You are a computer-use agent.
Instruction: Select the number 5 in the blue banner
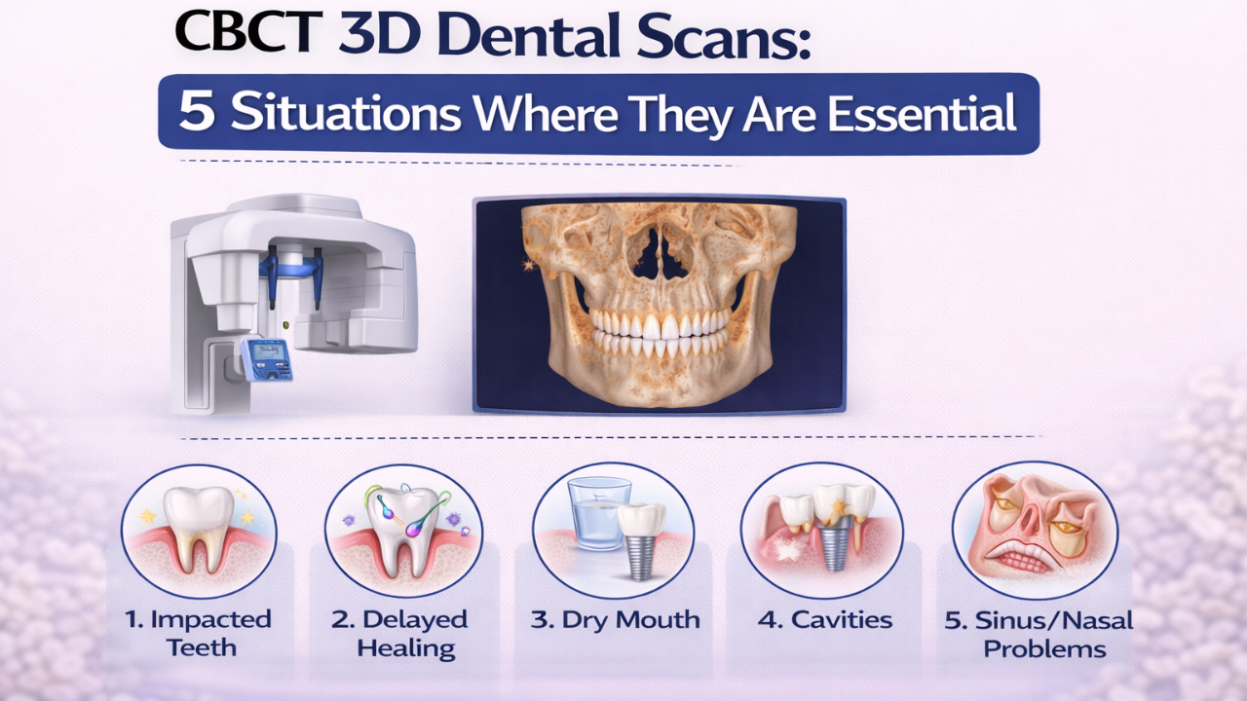click(x=197, y=114)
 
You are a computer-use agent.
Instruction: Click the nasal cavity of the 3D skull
click(x=659, y=249)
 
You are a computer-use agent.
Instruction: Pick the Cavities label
click(x=825, y=620)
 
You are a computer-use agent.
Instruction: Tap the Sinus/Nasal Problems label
click(x=1039, y=633)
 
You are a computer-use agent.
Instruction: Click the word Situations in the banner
click(x=347, y=114)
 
